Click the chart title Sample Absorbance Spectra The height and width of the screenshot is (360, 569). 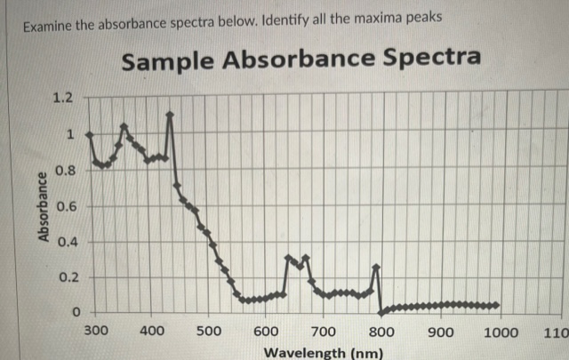[x=301, y=60]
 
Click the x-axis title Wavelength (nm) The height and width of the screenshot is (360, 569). [x=324, y=353]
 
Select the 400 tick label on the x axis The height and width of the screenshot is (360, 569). [x=152, y=331]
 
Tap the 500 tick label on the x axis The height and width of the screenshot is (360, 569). [x=209, y=331]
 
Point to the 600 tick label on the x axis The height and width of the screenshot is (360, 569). [x=266, y=331]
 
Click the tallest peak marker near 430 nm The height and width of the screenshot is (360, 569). [x=170, y=114]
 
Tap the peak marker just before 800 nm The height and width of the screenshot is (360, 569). [x=376, y=267]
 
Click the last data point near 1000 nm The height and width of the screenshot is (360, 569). [x=497, y=305]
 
